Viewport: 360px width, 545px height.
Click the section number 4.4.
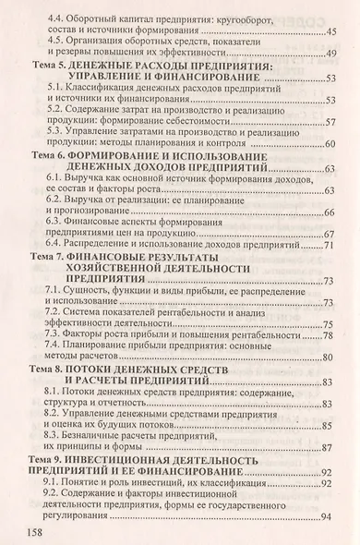tap(59, 18)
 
